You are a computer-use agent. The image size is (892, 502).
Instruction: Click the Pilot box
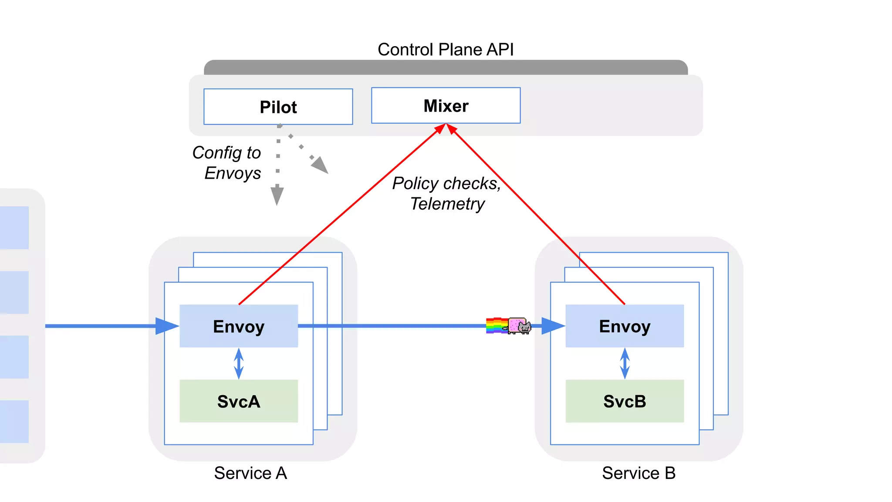click(278, 107)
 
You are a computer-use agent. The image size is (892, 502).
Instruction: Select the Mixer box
click(446, 106)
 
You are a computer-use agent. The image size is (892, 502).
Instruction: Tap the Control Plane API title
click(445, 49)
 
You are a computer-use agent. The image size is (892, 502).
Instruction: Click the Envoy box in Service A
click(239, 326)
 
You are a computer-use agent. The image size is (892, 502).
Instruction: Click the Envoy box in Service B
click(625, 326)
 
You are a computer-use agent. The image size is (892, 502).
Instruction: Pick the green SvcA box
click(239, 401)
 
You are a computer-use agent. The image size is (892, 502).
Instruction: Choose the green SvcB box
click(625, 401)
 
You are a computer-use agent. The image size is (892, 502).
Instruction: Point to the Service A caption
click(250, 473)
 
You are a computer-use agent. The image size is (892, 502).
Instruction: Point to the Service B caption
click(639, 473)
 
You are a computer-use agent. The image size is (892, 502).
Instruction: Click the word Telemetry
click(447, 204)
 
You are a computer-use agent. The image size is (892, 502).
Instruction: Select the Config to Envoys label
click(227, 163)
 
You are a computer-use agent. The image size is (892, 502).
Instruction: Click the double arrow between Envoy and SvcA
click(239, 363)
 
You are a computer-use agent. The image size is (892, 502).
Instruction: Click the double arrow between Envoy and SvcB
click(625, 363)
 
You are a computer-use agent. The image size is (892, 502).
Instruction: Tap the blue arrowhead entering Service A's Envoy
click(166, 326)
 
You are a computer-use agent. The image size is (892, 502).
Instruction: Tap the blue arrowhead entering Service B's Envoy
click(552, 326)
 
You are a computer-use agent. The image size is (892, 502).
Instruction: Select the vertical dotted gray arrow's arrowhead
click(277, 196)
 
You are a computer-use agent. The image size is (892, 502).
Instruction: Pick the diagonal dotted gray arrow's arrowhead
click(321, 166)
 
